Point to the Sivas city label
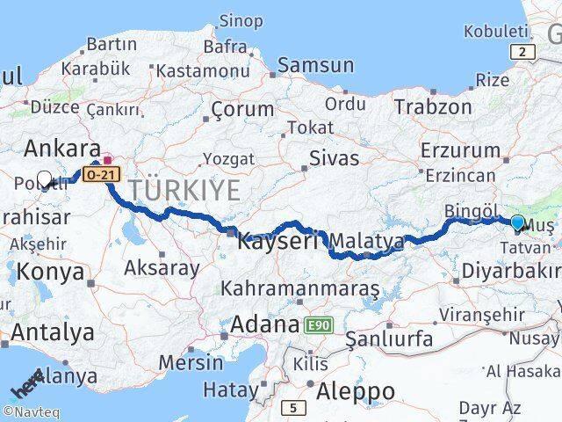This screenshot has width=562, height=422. (x=334, y=158)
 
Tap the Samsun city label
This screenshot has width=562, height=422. (x=315, y=65)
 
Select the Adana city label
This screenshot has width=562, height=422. (x=264, y=324)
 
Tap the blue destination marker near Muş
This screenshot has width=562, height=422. (x=517, y=223)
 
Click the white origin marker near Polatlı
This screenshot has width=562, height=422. (x=45, y=179)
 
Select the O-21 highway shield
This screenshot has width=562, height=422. (x=103, y=174)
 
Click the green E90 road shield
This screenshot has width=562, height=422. (x=318, y=325)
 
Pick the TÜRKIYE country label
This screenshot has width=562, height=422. (x=184, y=189)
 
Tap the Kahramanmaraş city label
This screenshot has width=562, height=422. (x=299, y=287)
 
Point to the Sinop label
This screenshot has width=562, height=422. (x=240, y=20)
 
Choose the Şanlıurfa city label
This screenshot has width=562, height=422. (x=389, y=338)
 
